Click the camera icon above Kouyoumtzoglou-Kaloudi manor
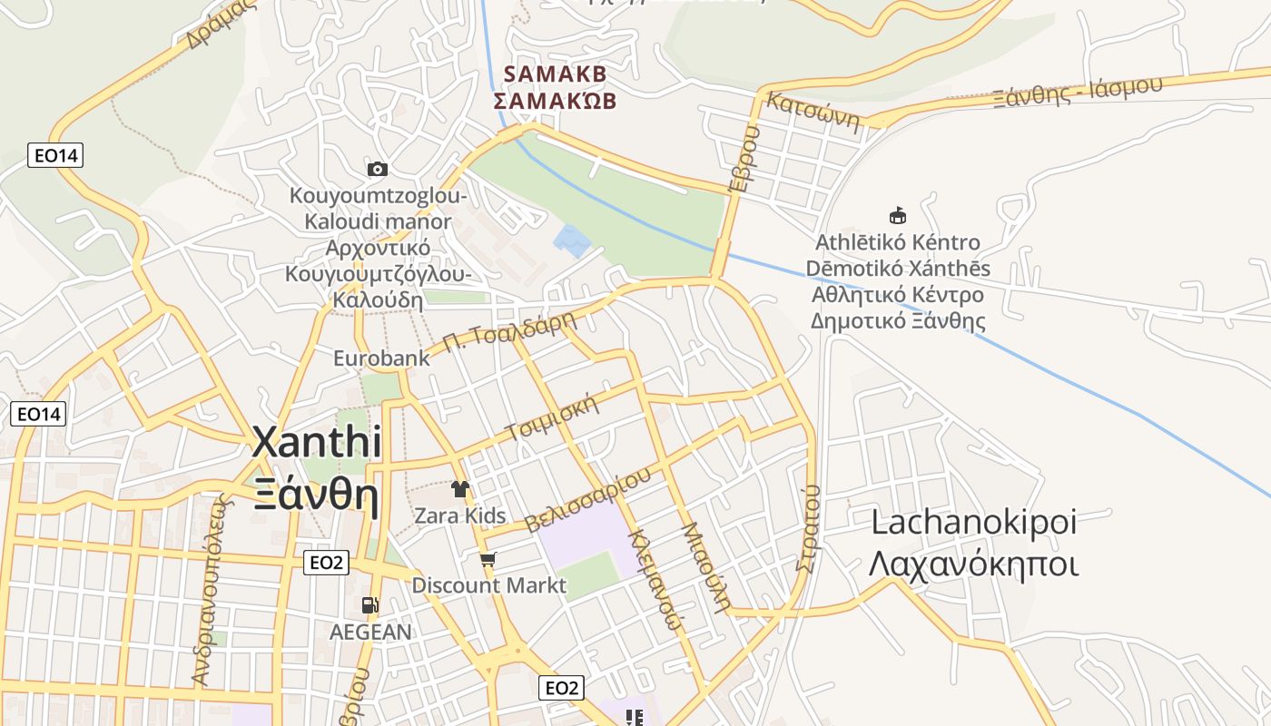(378, 169)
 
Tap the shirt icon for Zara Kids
(460, 490)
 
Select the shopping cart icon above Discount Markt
(488, 559)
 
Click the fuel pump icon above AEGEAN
(370, 605)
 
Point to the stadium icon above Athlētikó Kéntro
(897, 216)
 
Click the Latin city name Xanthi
(316, 443)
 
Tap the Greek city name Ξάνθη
(316, 495)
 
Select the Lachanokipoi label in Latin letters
(973, 522)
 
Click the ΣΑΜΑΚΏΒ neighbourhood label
(555, 100)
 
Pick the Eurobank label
(381, 358)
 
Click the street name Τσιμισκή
(554, 417)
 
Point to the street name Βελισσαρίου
(588, 500)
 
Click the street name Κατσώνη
(813, 111)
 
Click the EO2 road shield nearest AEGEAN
(326, 563)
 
